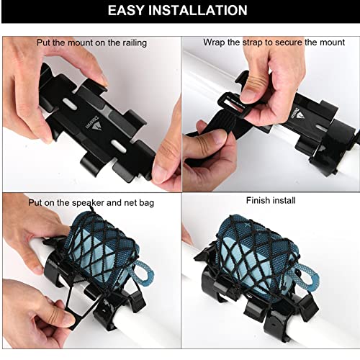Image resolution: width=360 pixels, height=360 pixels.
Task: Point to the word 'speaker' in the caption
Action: pos(88,202)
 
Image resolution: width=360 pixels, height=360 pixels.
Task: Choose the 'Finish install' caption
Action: pos(271,200)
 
